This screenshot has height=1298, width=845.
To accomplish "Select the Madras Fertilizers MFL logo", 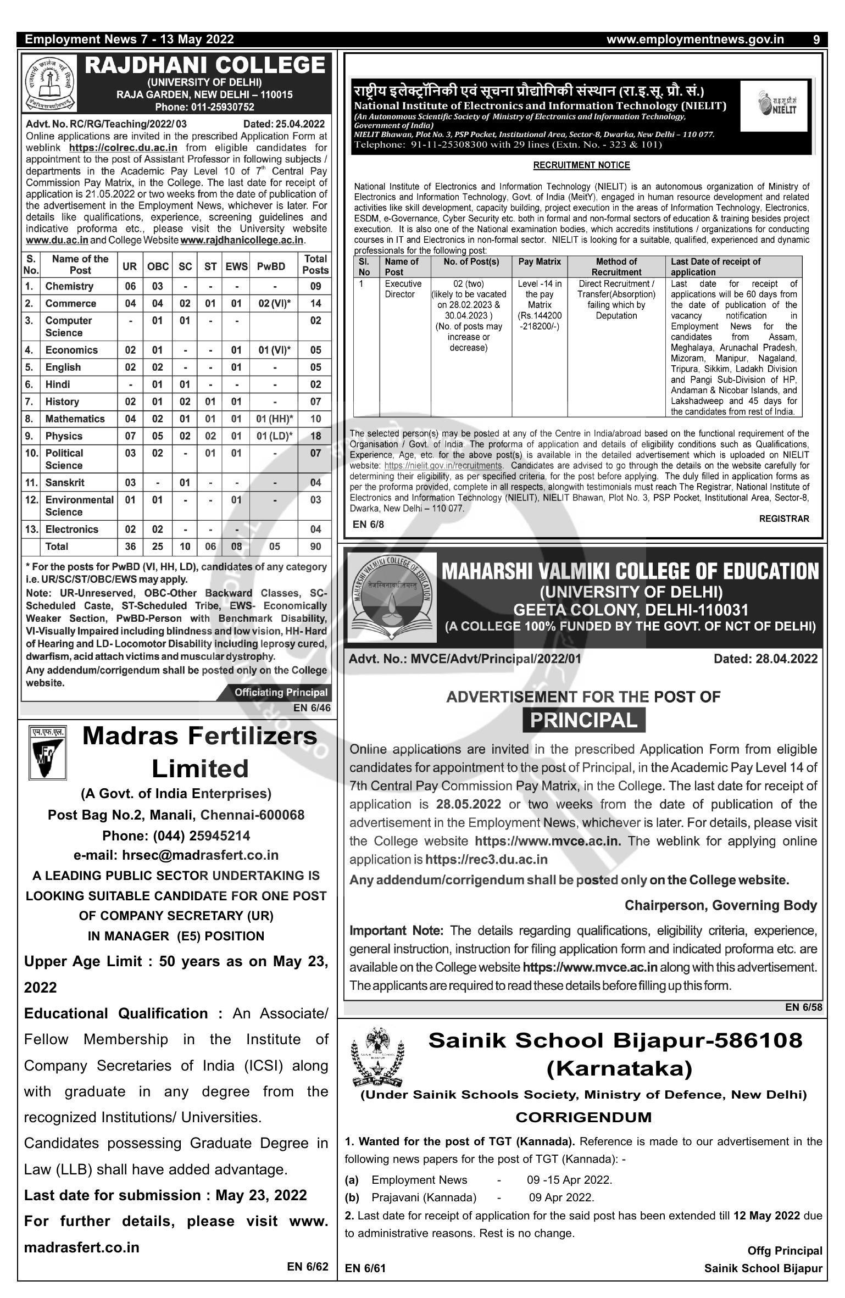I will (47, 753).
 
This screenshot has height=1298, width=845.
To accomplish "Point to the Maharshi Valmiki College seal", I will (391, 597).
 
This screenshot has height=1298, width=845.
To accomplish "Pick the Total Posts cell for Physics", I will (315, 436).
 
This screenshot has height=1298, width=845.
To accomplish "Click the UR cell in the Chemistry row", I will (130, 286).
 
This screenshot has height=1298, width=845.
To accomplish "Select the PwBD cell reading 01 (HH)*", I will (274, 419).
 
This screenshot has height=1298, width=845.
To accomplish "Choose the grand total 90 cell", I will (315, 547).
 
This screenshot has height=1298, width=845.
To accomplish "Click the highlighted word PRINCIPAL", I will (583, 720).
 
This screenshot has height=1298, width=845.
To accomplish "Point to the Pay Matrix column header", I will (540, 262).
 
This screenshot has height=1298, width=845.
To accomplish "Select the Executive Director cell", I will (403, 289).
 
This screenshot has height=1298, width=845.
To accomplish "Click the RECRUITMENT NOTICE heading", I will (581, 165).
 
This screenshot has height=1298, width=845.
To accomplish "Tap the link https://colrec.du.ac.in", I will (123, 148).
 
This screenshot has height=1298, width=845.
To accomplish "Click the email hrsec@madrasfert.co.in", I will (176, 855).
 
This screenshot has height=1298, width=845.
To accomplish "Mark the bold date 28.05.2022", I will (469, 804).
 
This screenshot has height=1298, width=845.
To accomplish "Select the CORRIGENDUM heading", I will (583, 1117).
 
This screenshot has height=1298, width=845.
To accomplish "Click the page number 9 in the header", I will (816, 40).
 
